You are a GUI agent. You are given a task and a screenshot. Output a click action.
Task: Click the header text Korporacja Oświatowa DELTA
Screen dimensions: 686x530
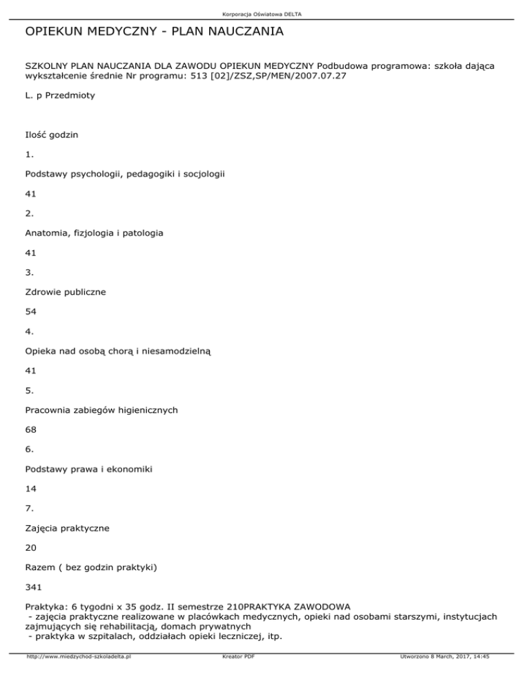click(x=265, y=14)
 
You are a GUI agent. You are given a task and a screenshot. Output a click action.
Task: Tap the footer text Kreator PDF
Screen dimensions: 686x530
click(x=235, y=676)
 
